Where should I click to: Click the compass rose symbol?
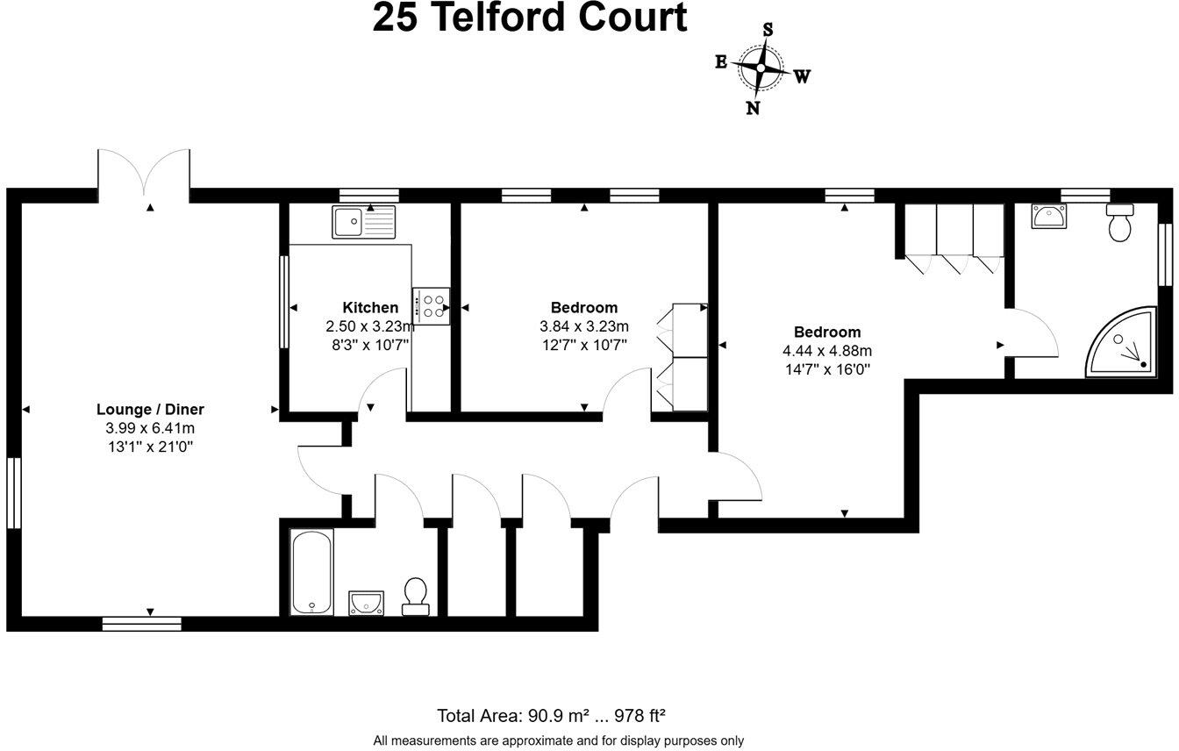click(x=760, y=68)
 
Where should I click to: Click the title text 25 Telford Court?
click(x=530, y=18)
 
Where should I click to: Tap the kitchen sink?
click(x=363, y=221)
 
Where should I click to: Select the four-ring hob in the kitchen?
click(x=432, y=305)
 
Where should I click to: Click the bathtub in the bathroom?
click(x=311, y=571)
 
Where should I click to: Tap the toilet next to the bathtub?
click(x=415, y=595)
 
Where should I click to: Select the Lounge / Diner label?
click(x=150, y=410)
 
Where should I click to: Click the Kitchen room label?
click(x=370, y=307)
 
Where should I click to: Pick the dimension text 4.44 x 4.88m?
click(x=827, y=350)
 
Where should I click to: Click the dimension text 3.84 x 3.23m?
click(x=584, y=325)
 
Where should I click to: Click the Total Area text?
click(x=557, y=715)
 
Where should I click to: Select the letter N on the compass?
click(x=752, y=108)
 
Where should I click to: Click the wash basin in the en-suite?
click(x=1048, y=216)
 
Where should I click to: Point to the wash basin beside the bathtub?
click(x=366, y=601)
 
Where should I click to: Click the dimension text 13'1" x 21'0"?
click(x=150, y=447)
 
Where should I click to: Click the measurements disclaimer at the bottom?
click(x=558, y=740)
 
